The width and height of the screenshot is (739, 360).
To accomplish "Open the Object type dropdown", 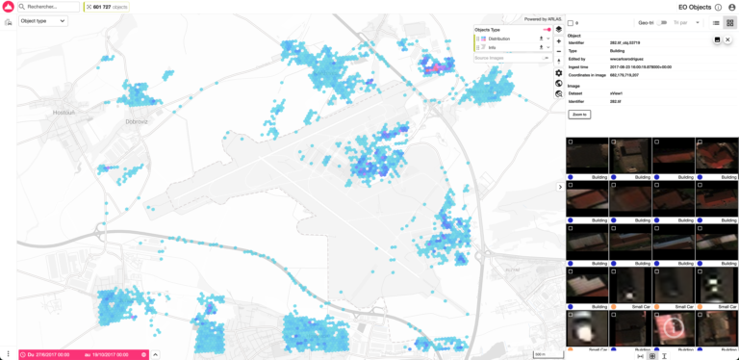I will tap(43, 20).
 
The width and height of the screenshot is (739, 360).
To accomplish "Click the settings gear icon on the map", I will tap(559, 73).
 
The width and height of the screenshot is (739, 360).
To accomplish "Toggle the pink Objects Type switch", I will tap(547, 30).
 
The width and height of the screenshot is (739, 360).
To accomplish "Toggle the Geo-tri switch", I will tap(662, 22).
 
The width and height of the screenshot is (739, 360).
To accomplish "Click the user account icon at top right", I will tap(731, 8).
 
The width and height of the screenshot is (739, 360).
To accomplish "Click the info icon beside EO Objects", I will tap(718, 8).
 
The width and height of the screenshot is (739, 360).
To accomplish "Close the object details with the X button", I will tap(728, 39).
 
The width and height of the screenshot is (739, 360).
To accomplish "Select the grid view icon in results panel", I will tap(729, 22).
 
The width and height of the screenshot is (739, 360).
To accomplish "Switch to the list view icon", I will tap(716, 22).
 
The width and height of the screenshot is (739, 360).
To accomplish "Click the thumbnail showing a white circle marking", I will tap(674, 328).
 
